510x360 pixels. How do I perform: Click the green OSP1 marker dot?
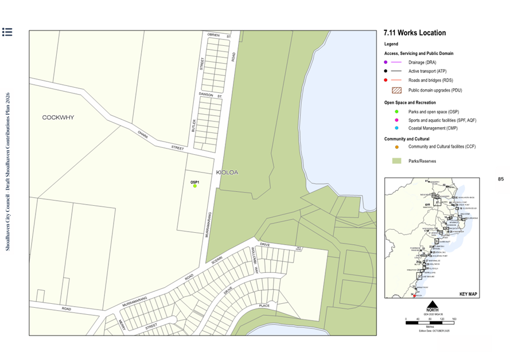pos(195,186)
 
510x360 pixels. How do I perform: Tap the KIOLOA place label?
pos(227,172)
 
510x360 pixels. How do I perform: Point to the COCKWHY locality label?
pos(58,118)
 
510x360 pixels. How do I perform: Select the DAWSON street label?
pos(206,94)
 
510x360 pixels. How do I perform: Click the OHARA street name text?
pos(142,134)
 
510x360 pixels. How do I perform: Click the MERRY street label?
pos(122,324)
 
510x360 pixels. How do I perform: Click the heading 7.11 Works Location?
pos(414,33)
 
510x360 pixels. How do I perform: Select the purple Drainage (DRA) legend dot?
pos(386,62)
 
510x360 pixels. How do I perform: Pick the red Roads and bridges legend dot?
pos(386,81)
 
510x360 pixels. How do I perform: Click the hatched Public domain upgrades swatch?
pos(396,90)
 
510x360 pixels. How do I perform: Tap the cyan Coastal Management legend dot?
pos(386,128)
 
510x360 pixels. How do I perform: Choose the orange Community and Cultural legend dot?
pos(386,147)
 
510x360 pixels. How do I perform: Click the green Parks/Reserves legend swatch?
pos(396,161)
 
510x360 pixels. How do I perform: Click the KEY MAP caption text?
pos(468,294)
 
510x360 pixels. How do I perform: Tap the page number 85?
pos(500,179)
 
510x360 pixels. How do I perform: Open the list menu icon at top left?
pos(7,32)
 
